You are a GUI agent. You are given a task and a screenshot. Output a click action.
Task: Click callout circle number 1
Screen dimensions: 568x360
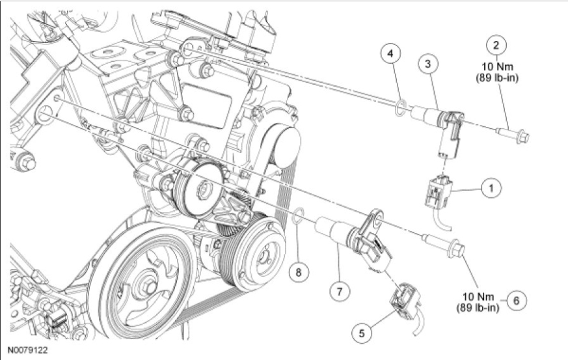pyautogui.click(x=491, y=188)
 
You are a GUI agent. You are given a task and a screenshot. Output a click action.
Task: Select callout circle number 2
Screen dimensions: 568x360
pyautogui.click(x=496, y=45)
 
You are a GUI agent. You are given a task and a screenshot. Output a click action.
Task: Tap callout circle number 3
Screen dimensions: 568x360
pyautogui.click(x=428, y=64)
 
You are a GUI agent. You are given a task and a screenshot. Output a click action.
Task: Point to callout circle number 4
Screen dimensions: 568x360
pyautogui.click(x=390, y=53)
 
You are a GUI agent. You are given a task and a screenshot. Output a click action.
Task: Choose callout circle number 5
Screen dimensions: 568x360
pyautogui.click(x=362, y=333)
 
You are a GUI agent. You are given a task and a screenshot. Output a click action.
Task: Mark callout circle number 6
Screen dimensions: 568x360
pyautogui.click(x=516, y=301)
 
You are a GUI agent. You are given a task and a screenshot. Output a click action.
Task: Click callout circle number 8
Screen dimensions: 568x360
pyautogui.click(x=299, y=271)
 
